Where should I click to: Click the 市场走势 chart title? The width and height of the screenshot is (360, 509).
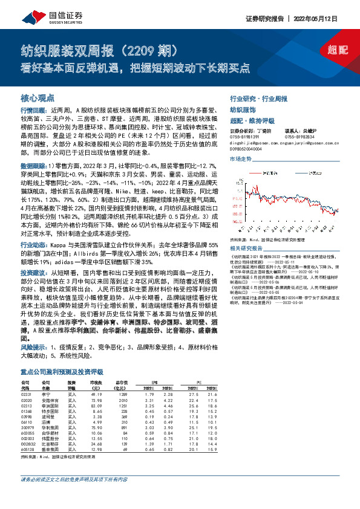pos(240,158)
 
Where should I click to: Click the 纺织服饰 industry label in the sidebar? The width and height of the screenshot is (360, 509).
pos(243,110)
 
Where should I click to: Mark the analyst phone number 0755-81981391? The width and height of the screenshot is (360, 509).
pos(244,136)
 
